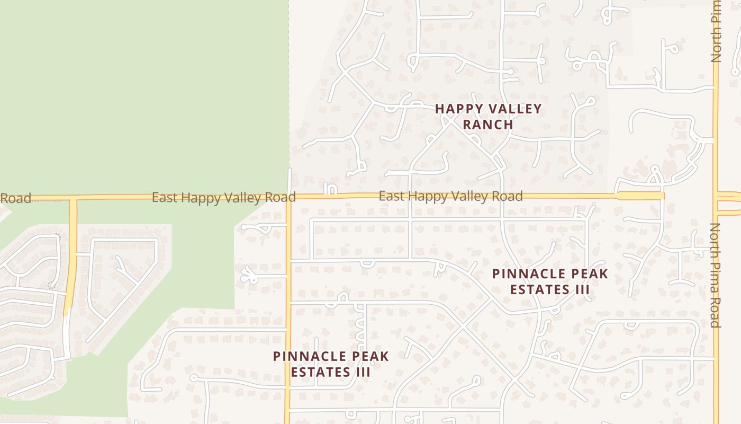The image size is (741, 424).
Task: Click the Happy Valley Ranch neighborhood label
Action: [x=489, y=117]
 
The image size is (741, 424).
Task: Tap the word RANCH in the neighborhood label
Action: [x=489, y=125]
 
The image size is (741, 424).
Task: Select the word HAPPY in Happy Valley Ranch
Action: [x=459, y=109]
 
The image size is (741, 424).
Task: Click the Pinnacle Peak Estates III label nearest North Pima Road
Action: [x=550, y=281]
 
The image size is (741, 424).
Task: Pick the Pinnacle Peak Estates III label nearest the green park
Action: [x=331, y=364]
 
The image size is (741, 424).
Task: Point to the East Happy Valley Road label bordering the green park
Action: [x=223, y=198]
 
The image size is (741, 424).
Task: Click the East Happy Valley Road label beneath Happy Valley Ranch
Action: [x=450, y=196]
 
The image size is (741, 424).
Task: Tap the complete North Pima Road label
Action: [x=716, y=275]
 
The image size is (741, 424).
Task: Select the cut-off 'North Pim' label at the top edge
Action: [x=716, y=31]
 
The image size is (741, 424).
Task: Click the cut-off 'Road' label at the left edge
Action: [x=15, y=198]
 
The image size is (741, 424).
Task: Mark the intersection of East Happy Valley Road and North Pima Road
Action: [x=716, y=196]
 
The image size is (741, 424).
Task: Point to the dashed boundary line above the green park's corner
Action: [x=289, y=79]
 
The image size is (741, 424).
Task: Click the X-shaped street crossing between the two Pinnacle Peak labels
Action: [x=465, y=327]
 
